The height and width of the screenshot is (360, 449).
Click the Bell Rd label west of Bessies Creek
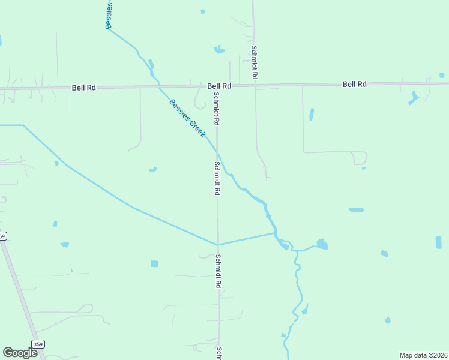pos(84,88)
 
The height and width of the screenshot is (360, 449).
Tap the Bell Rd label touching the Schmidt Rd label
pos(219,86)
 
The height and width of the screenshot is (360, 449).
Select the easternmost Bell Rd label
pos(354,85)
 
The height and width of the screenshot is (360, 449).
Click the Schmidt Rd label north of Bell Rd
pos(255,63)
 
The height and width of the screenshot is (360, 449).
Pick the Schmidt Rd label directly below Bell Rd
pos(217,109)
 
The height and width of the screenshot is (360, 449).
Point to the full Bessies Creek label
pos(187,118)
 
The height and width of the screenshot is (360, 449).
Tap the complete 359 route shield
pos(38,344)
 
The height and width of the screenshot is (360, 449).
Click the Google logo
pos(20,353)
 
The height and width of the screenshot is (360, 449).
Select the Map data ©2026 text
pos(423,355)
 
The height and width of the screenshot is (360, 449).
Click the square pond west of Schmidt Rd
pos(154,264)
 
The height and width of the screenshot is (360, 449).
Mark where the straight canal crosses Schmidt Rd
pos(218,244)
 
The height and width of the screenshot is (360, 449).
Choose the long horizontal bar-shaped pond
pos(356,210)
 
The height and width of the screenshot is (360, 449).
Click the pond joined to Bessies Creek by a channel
pos(322,244)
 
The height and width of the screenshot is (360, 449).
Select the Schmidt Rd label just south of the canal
pos(218,270)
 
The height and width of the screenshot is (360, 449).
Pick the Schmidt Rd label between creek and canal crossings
pos(217,178)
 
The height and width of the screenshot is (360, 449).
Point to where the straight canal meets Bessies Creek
pos(276,232)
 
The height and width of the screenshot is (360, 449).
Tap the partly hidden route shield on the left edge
pos(2,236)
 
